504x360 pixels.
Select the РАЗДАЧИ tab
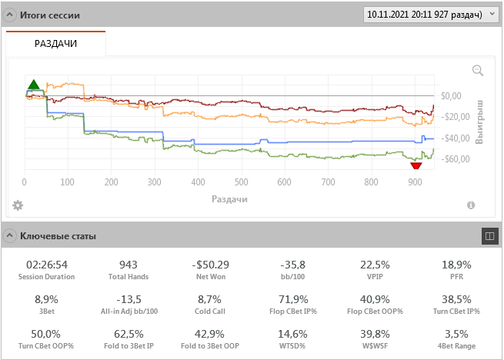pos(55,44)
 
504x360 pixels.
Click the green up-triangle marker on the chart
pos(33,85)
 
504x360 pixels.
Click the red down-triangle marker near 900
pos(416,165)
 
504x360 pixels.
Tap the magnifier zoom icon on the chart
pos(478,71)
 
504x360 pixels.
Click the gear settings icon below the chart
pos(18,205)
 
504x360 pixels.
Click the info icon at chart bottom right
pos(470,205)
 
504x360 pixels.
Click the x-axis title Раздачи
pos(229,198)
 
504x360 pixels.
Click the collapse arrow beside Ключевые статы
pos(10,235)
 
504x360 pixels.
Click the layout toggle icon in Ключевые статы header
pos(488,235)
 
